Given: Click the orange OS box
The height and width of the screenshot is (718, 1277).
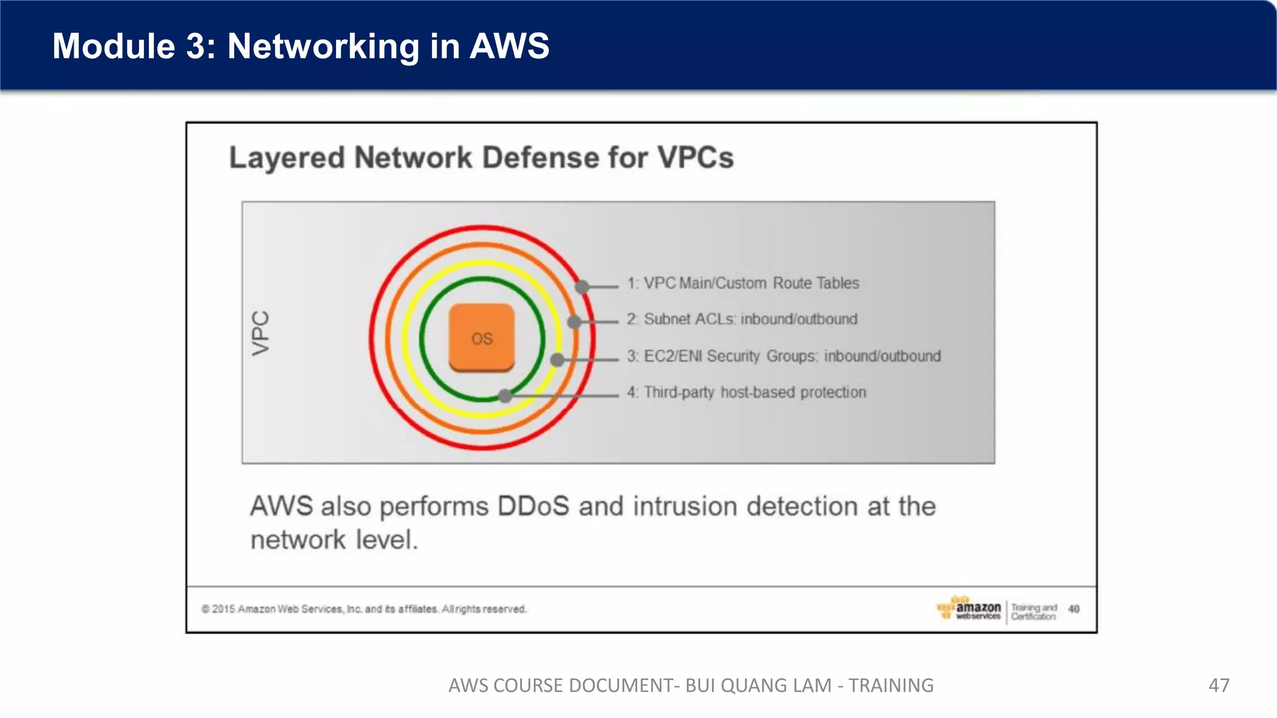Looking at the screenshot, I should click(x=481, y=337).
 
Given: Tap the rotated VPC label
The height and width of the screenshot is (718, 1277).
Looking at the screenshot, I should click(x=261, y=333).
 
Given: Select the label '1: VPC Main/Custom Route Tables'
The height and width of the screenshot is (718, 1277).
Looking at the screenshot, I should click(x=743, y=283).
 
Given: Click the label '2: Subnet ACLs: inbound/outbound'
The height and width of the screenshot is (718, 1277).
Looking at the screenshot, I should click(x=742, y=319).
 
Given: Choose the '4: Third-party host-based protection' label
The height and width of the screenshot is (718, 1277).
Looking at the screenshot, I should click(x=746, y=392).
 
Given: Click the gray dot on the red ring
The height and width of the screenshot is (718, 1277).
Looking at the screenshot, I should click(x=582, y=287).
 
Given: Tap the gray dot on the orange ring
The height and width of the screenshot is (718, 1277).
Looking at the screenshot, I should click(x=574, y=322).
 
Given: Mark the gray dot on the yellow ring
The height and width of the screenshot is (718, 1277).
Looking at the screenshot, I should click(x=557, y=360).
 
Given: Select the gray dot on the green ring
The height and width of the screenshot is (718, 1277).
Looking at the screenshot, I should click(x=505, y=395).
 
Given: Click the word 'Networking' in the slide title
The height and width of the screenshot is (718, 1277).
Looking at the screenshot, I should click(x=323, y=46).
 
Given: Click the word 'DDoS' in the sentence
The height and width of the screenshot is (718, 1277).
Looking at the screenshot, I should click(x=533, y=506).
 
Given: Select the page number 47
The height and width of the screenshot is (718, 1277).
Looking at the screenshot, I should click(x=1218, y=686).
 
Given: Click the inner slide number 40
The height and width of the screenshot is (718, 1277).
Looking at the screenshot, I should click(x=1074, y=609).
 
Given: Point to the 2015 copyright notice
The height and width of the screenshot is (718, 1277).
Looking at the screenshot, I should click(x=364, y=609).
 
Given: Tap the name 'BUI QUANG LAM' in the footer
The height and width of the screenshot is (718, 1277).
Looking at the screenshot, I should click(x=758, y=686).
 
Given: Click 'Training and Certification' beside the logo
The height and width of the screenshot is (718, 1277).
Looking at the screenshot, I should click(x=1033, y=611).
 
